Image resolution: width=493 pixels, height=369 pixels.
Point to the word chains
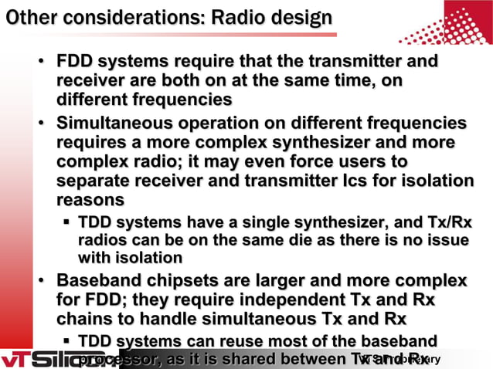click(87, 317)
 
